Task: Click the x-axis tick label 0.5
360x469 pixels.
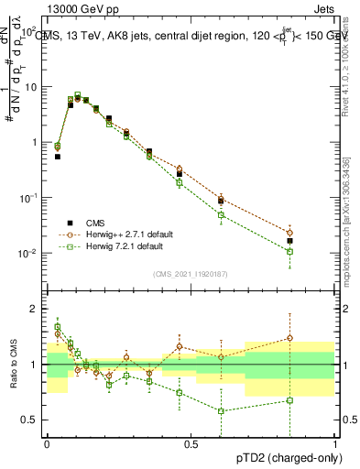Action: pos(191,443)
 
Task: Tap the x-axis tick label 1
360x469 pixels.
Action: pos(334,443)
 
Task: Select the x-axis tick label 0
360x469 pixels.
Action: pos(47,443)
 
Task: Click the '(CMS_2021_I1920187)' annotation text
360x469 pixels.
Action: pos(191,273)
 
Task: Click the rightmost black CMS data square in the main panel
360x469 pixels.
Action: pos(290,241)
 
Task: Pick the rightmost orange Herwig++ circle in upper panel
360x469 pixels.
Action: pos(290,233)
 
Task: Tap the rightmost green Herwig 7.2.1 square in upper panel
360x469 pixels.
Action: pos(290,251)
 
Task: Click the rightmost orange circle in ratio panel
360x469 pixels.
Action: pos(290,338)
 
